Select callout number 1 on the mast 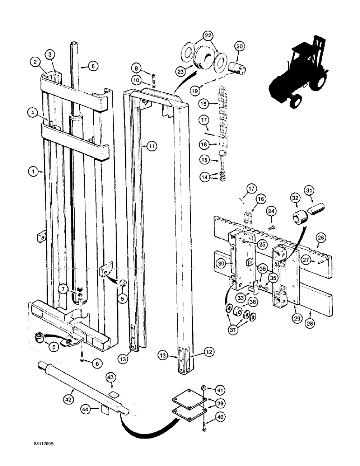34,171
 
